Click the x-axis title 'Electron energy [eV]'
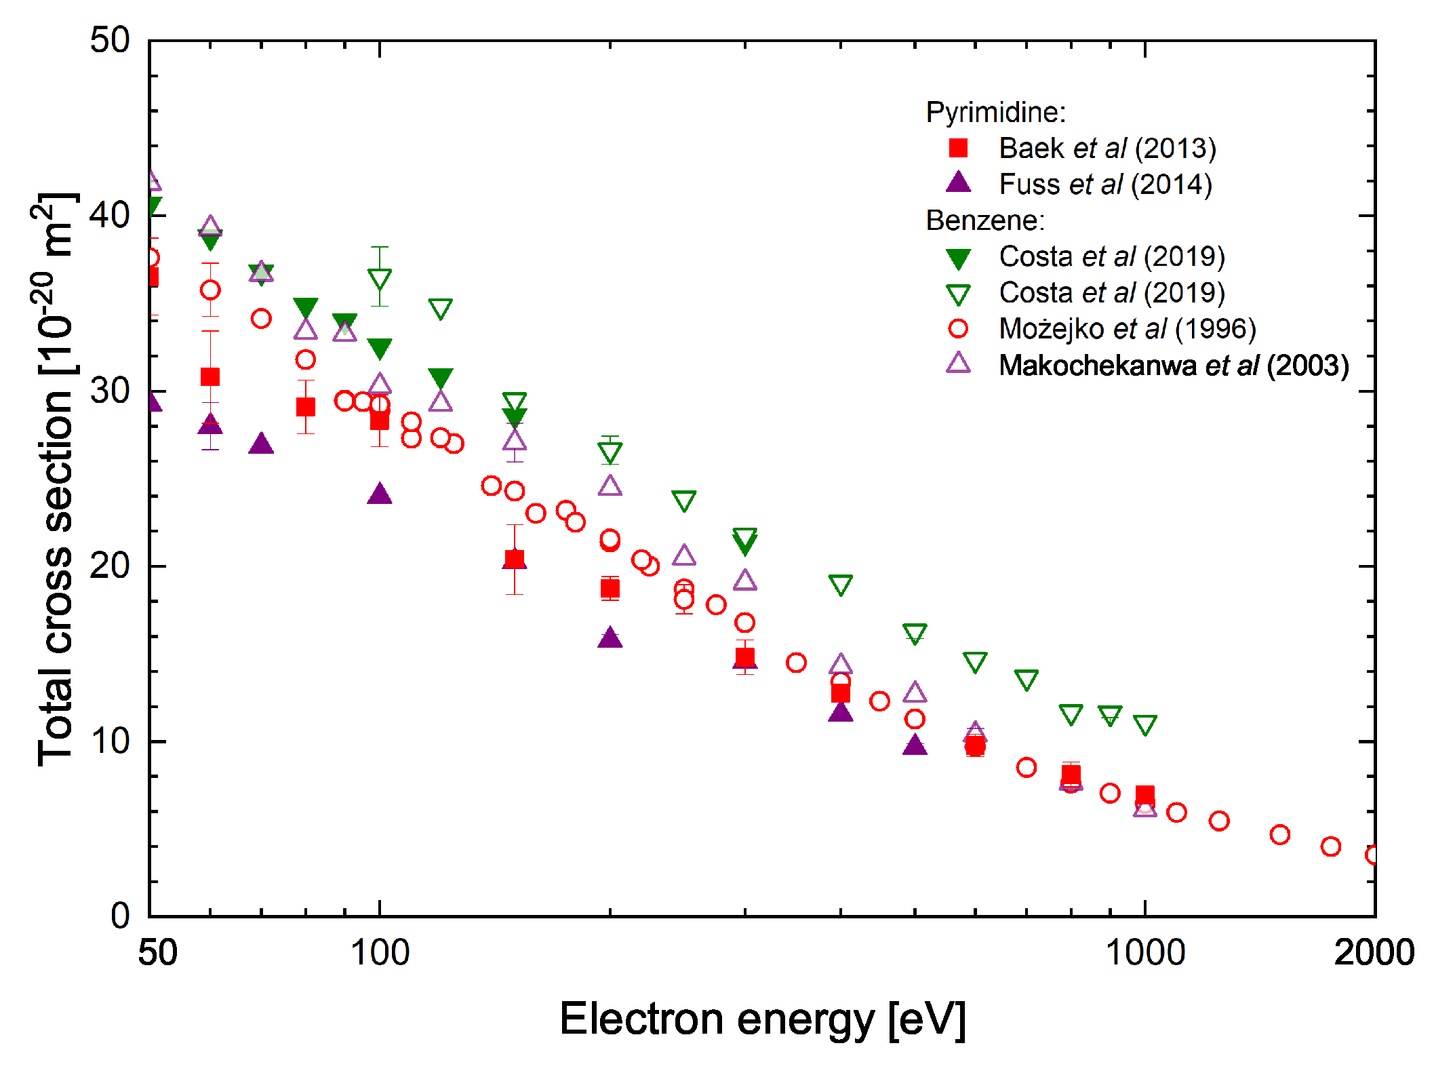point(762,1019)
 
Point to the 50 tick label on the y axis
point(109,40)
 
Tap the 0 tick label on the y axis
point(120,916)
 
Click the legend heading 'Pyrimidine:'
point(995,112)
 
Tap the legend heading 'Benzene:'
point(985,220)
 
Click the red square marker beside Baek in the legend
point(958,148)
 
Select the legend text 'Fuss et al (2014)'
point(1105,184)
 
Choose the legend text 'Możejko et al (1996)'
point(1127,329)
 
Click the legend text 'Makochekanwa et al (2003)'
point(1173,366)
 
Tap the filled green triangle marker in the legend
point(958,258)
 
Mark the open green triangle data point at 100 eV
point(380,279)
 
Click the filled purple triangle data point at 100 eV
point(380,494)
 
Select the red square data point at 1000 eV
point(1145,795)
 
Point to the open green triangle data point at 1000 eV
point(1145,725)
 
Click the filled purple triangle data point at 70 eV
point(261,444)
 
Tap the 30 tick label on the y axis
point(109,391)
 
